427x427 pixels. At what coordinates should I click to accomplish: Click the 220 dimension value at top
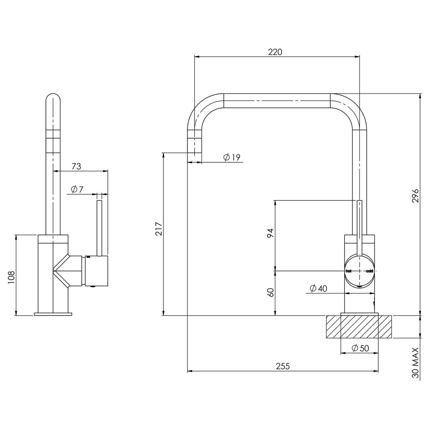[275, 52]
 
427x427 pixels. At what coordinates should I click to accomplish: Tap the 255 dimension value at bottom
[283, 366]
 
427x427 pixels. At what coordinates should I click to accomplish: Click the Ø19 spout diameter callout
[232, 157]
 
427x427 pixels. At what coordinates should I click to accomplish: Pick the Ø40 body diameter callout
[318, 288]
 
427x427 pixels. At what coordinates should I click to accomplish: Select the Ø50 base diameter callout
[360, 348]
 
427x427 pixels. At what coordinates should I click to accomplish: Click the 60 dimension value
[270, 292]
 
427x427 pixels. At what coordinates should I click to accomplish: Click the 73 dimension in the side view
[76, 166]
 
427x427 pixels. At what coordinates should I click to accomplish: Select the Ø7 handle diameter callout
[77, 189]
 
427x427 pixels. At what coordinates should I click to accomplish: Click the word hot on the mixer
[349, 271]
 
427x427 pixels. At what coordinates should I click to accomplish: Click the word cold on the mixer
[369, 271]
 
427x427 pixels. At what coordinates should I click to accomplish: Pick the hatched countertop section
[359, 327]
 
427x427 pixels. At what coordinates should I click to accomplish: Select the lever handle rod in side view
[100, 228]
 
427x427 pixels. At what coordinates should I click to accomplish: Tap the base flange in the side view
[53, 314]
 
